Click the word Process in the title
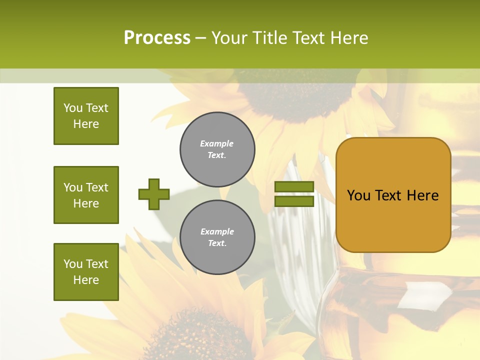pyautogui.click(x=157, y=38)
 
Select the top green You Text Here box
pyautogui.click(x=86, y=116)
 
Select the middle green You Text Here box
pyautogui.click(x=86, y=195)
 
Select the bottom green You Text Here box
pyautogui.click(x=86, y=272)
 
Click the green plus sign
pyautogui.click(x=154, y=194)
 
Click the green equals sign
pyautogui.click(x=294, y=194)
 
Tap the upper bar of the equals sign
pyautogui.click(x=294, y=187)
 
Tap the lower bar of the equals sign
pyautogui.click(x=294, y=201)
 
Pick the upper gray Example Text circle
pyautogui.click(x=217, y=149)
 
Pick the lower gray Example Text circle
pyautogui.click(x=217, y=237)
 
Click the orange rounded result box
pyautogui.click(x=393, y=195)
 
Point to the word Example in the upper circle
pyautogui.click(x=216, y=143)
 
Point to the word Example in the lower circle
pyautogui.click(x=217, y=231)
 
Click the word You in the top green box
pyautogui.click(x=73, y=108)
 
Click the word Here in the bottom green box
pyautogui.click(x=86, y=280)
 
